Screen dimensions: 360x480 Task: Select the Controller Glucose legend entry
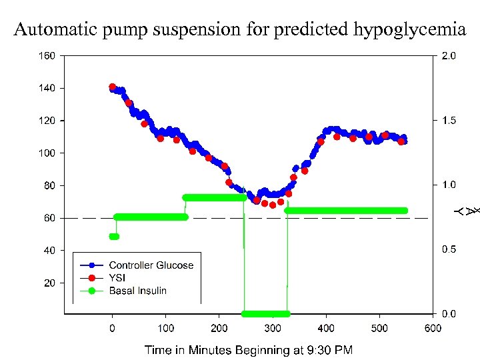(151, 265)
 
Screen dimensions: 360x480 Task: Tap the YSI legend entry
(117, 278)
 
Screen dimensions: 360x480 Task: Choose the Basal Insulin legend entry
(137, 291)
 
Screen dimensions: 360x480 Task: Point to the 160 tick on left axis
(46, 56)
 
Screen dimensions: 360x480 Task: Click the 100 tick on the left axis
(46, 153)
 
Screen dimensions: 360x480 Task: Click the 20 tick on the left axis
(49, 283)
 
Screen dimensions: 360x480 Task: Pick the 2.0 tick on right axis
(449, 57)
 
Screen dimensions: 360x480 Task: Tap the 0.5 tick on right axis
(449, 249)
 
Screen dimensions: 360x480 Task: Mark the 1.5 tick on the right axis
(449, 121)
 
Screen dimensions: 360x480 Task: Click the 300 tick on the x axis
(272, 328)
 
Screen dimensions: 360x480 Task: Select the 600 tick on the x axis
(433, 328)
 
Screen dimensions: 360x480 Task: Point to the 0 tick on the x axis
(112, 328)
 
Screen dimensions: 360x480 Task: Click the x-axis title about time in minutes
(249, 349)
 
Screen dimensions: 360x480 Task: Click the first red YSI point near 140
(112, 87)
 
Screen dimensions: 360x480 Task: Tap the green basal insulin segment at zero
(265, 313)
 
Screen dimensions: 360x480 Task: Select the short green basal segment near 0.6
(114, 237)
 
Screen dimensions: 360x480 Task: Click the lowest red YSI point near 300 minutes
(273, 205)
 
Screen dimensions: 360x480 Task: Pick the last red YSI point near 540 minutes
(401, 141)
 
